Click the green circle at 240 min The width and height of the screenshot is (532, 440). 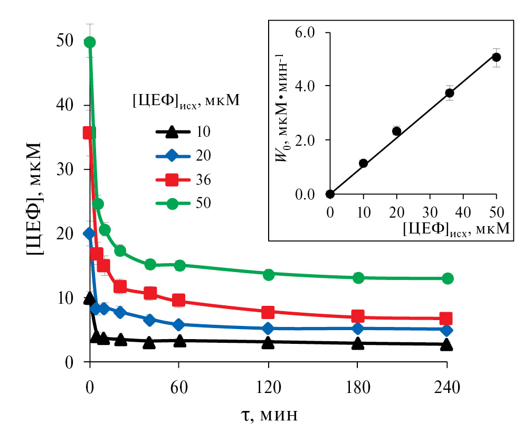448,278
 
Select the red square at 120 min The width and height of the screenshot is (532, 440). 268,312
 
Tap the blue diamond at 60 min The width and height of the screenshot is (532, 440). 179,324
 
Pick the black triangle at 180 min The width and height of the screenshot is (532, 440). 358,344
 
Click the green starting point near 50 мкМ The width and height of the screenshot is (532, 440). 90,42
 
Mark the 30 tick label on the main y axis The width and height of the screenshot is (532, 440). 66,170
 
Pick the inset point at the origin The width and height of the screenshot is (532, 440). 330,194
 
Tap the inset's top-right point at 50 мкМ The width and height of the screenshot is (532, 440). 496,57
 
